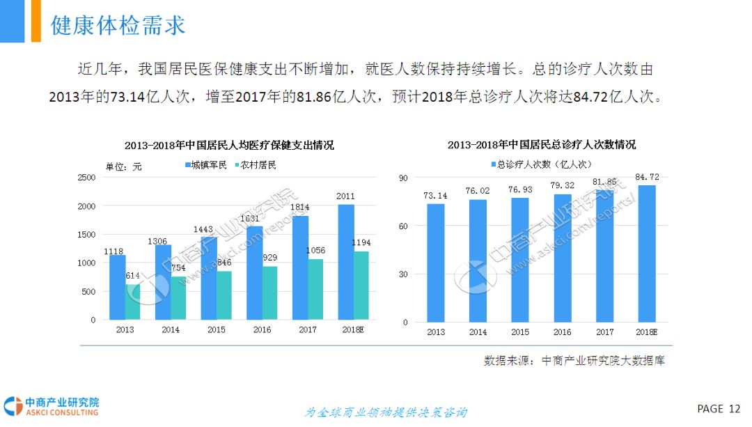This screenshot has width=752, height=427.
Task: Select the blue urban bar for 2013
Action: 118,287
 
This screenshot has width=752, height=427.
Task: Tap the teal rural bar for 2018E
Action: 361,286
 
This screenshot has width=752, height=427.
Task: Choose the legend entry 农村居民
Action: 256,165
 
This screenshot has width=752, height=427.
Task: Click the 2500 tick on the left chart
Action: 86,178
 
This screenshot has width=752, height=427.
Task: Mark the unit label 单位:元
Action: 123,166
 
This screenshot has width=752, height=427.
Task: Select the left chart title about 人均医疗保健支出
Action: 229,146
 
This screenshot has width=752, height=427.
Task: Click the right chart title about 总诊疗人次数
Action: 541,145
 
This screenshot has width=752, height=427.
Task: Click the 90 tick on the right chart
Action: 402,178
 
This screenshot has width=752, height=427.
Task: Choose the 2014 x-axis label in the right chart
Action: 478,332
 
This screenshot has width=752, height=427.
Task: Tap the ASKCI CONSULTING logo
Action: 52,407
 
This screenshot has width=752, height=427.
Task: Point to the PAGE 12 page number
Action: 719,408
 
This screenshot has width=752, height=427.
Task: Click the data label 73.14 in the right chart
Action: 435,196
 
